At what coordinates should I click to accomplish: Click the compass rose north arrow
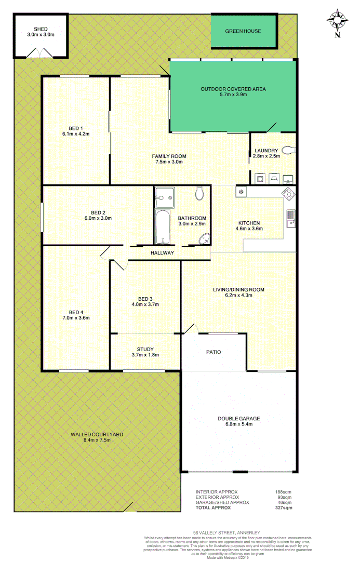[x=338, y=22]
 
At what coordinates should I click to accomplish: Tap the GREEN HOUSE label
[x=243, y=31]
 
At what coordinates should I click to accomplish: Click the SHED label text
[x=41, y=29]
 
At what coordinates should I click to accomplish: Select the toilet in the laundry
[x=288, y=151]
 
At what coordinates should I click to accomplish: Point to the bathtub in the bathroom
[x=163, y=227]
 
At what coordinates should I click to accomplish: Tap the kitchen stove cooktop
[x=289, y=195]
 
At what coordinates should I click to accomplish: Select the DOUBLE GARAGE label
[x=239, y=419]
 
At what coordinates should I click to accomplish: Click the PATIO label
[x=214, y=352]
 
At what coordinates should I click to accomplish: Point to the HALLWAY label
[x=162, y=253]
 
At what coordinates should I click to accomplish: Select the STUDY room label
[x=145, y=349]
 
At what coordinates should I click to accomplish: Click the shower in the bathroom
[x=165, y=197]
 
